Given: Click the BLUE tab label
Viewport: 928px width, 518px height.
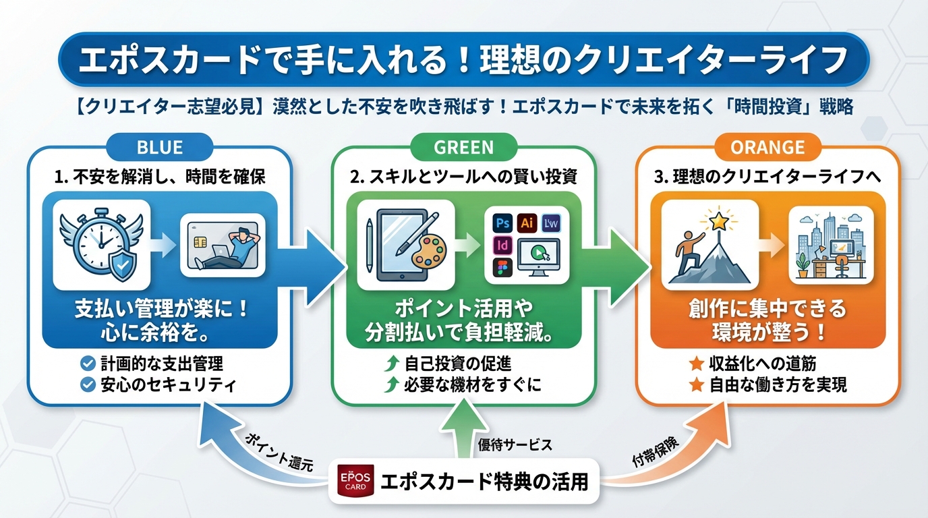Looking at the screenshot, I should click(160, 146).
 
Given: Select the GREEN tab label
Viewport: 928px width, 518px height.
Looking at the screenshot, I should click(463, 146).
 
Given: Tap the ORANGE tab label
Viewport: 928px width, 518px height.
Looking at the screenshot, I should click(767, 146).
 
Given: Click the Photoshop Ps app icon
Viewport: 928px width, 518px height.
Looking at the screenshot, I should click(501, 223).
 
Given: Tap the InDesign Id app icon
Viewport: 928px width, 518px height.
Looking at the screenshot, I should click(501, 244).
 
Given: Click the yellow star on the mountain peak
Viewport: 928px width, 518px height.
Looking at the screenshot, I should click(718, 220).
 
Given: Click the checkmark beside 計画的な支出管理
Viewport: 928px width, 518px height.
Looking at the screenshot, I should click(87, 364).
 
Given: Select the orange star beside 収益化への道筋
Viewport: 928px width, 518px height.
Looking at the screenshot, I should click(696, 364).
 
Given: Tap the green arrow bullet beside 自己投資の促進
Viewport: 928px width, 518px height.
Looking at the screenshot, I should click(390, 364).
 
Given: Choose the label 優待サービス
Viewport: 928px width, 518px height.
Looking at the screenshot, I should click(515, 445).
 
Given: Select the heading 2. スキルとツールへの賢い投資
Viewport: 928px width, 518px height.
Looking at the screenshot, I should click(464, 177).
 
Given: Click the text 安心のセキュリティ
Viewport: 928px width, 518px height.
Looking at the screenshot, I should click(168, 385).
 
